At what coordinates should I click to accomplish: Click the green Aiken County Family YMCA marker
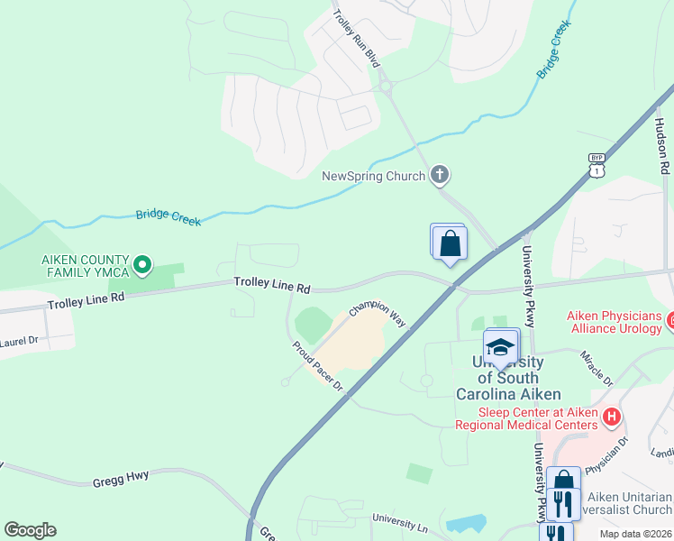[141, 266]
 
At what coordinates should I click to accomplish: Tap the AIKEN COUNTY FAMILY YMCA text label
[86, 266]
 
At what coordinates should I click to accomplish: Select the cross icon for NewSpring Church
[440, 175]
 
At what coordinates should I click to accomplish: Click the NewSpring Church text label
[373, 176]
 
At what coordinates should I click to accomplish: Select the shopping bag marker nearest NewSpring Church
[450, 243]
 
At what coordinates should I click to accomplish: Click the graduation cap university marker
[501, 347]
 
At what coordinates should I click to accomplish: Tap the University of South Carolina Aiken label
[508, 378]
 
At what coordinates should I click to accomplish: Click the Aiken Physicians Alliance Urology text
[615, 322]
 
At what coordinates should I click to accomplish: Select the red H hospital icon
[612, 417]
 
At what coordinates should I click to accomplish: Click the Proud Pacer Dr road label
[317, 366]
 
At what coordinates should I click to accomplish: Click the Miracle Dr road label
[597, 366]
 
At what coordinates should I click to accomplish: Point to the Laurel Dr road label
[18, 342]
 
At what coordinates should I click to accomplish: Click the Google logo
[30, 530]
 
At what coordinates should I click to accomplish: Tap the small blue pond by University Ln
[466, 523]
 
